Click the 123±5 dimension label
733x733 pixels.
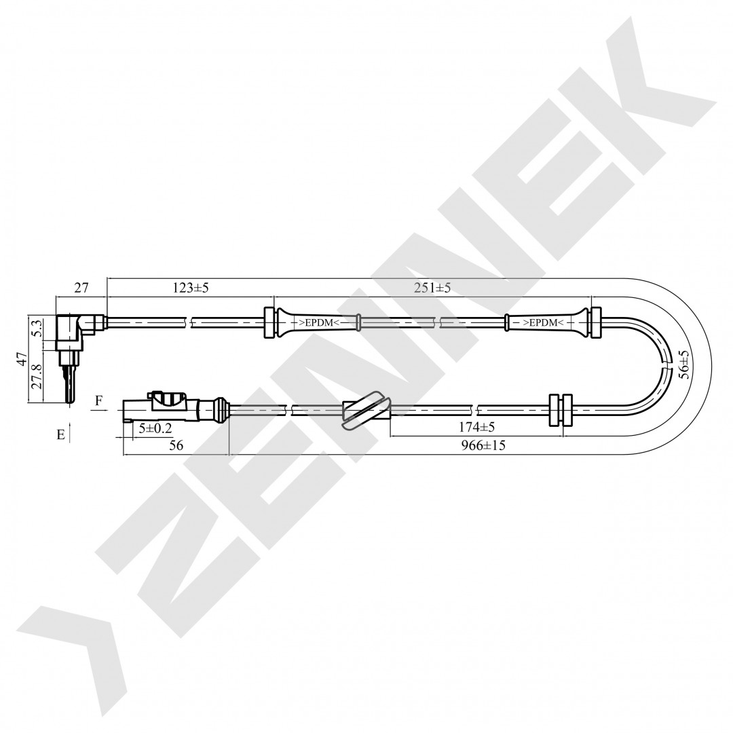191,288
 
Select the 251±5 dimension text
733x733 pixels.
432,288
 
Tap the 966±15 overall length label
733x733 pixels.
483,445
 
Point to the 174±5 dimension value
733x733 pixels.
477,427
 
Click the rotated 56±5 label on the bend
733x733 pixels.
684,360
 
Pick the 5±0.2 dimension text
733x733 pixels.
155,428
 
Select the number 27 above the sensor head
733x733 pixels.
81,288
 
